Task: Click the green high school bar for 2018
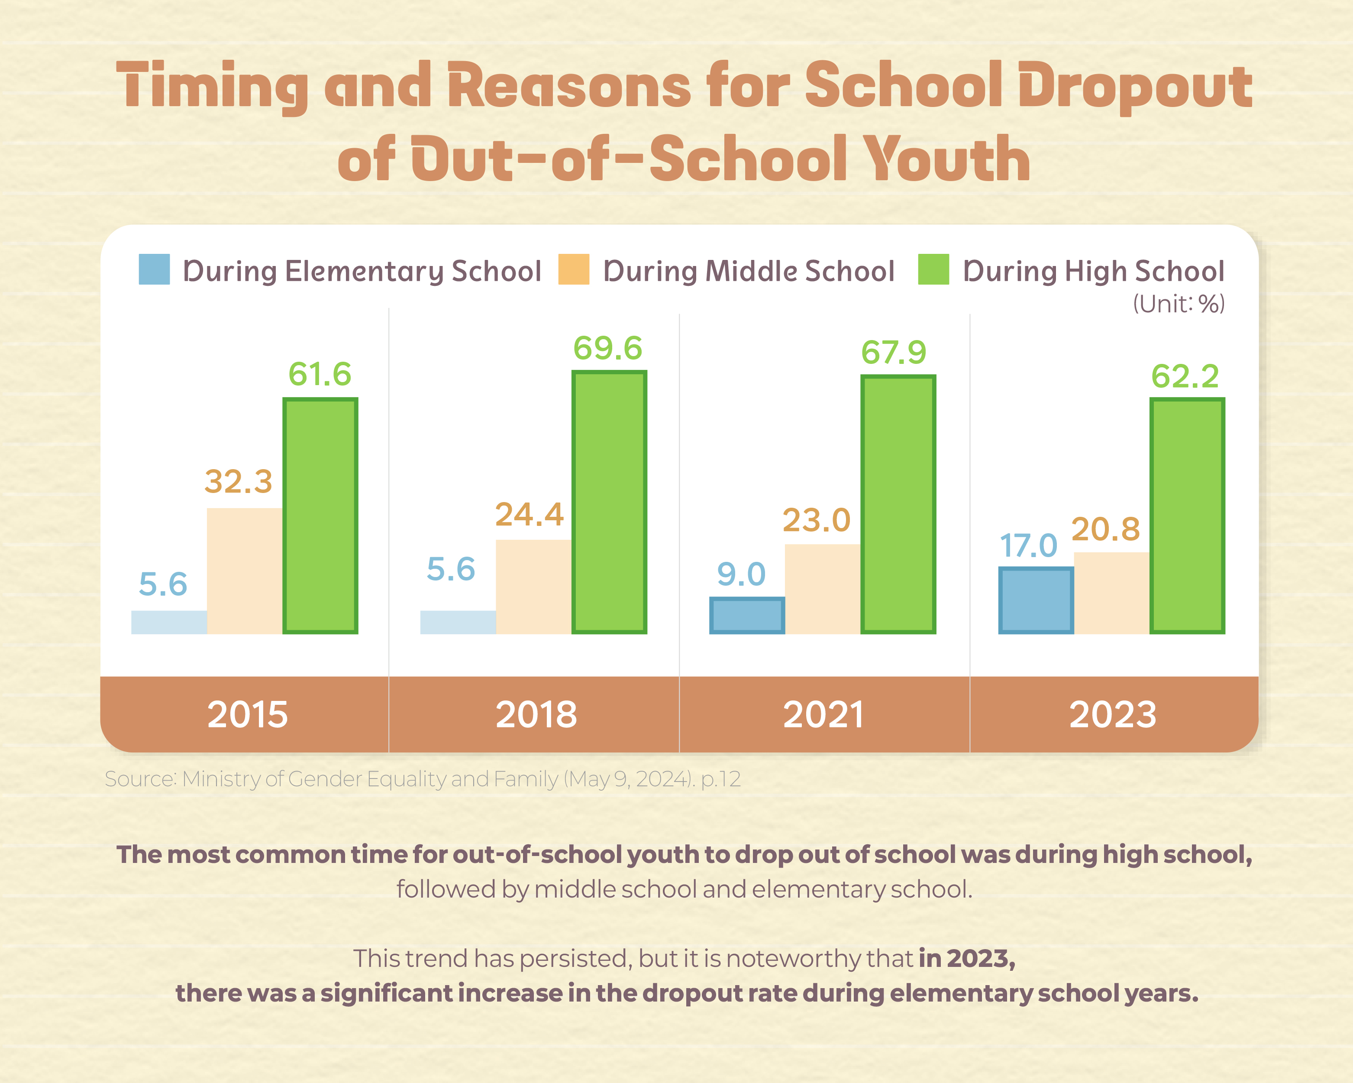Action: (x=609, y=502)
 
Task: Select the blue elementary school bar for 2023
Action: (x=1036, y=600)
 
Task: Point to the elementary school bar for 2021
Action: (x=747, y=615)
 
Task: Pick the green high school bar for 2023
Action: (x=1187, y=516)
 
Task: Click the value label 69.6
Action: (x=607, y=348)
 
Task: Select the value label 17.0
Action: (x=1028, y=545)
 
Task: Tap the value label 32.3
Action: (x=239, y=482)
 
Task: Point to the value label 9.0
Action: (x=741, y=574)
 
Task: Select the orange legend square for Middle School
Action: (x=574, y=269)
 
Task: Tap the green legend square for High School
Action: (x=933, y=269)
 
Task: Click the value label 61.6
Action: (x=320, y=375)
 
